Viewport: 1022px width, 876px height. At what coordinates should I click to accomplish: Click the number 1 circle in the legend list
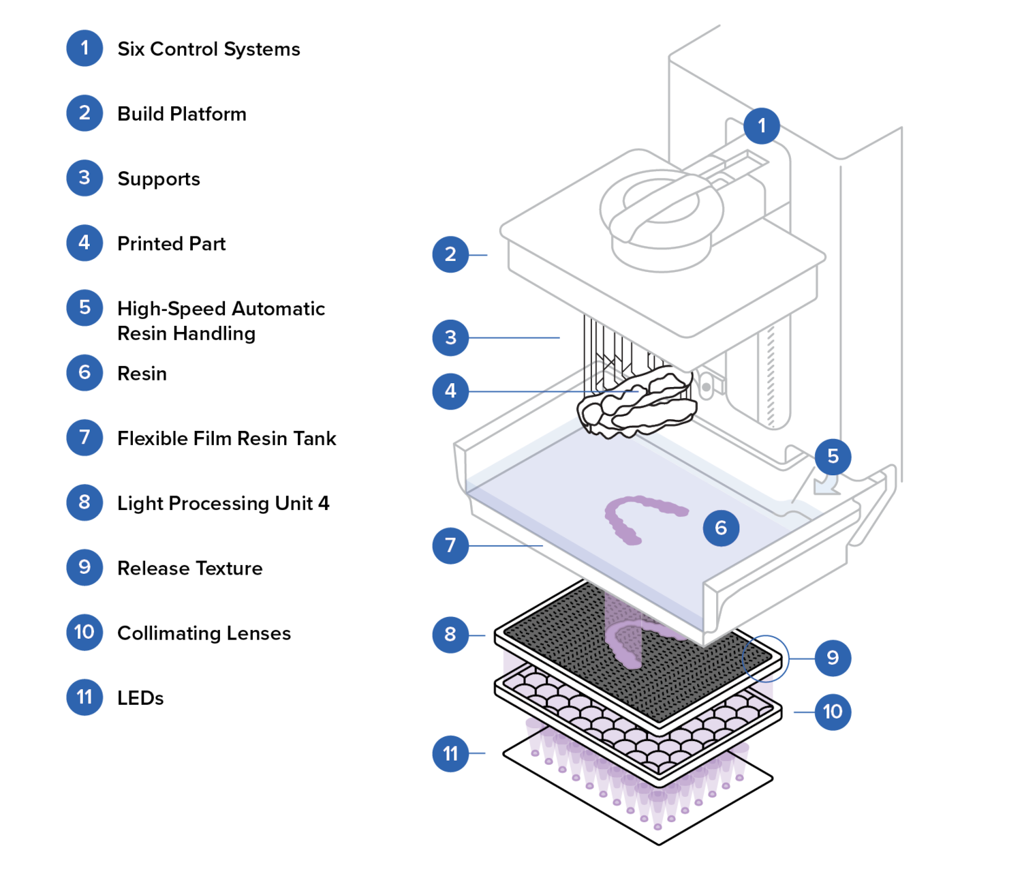pyautogui.click(x=84, y=48)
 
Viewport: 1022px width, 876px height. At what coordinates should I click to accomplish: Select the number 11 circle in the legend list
pyautogui.click(x=84, y=697)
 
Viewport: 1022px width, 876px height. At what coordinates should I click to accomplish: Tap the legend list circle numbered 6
pyautogui.click(x=84, y=372)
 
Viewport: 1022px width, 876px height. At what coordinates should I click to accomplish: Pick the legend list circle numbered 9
pyautogui.click(x=84, y=567)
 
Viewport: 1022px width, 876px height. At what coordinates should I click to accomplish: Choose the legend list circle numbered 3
pyautogui.click(x=84, y=178)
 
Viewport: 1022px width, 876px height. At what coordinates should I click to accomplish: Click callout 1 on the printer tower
pyautogui.click(x=762, y=125)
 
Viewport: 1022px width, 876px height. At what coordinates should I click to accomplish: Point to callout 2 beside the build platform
pyautogui.click(x=450, y=254)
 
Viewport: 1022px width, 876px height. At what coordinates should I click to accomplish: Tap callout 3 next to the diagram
pyautogui.click(x=450, y=337)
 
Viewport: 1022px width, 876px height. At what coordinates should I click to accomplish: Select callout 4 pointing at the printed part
pyautogui.click(x=450, y=391)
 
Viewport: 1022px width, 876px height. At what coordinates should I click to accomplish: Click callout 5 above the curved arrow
pyautogui.click(x=833, y=456)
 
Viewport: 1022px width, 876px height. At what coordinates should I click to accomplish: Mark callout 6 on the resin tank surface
pyautogui.click(x=721, y=528)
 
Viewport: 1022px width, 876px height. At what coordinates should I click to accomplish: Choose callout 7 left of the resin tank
pyautogui.click(x=450, y=545)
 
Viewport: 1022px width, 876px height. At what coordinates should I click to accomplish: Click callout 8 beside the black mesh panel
pyautogui.click(x=450, y=635)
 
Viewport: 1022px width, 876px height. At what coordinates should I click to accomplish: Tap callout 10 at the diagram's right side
pyautogui.click(x=833, y=712)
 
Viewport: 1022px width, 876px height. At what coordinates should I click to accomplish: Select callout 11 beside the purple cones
pyautogui.click(x=450, y=753)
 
